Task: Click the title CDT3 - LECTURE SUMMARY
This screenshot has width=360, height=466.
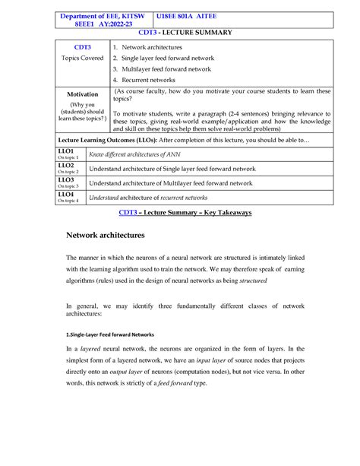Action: pyautogui.click(x=179, y=34)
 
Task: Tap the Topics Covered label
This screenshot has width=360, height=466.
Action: pyautogui.click(x=82, y=58)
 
